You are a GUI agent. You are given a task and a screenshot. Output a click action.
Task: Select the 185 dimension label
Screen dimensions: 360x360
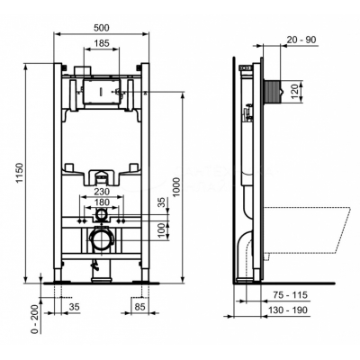coord(102,44)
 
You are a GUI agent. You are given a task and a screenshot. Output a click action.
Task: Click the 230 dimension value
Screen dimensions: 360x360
coord(102,190)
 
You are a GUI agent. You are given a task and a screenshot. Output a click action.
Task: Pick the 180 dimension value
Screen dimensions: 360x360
coord(102,202)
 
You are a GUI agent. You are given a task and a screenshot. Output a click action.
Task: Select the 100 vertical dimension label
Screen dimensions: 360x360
coord(162,231)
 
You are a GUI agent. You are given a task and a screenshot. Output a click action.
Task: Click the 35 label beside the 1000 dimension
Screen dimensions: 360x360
coord(162,202)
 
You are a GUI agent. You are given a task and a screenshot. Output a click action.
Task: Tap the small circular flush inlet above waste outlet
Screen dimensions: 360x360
coord(102,216)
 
